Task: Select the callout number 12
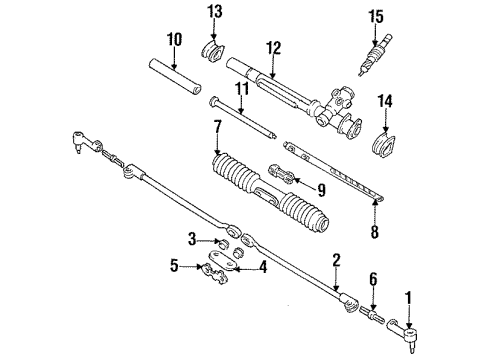(x=272, y=46)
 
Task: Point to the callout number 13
(x=213, y=12)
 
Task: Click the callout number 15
(x=376, y=17)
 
